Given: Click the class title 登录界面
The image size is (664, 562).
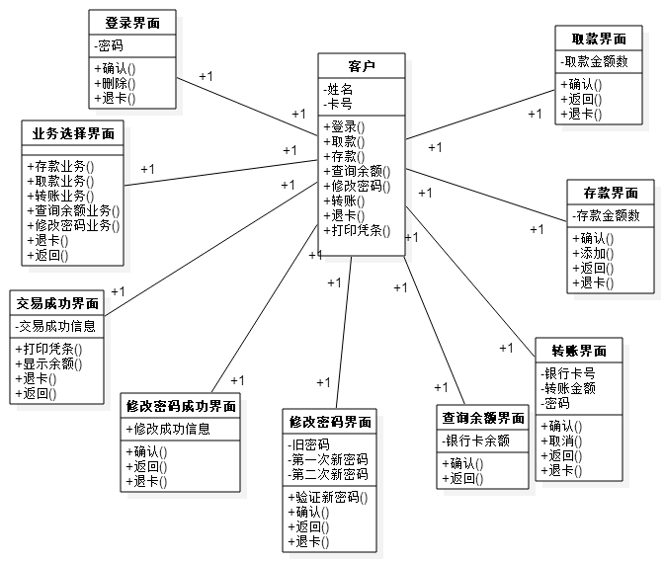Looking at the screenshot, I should pos(132,23).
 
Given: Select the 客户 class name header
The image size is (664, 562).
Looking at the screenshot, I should pos(362,66).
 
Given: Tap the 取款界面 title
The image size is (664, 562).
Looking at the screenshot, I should pos(600,40).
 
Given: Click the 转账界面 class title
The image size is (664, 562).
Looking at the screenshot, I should pos(579,351).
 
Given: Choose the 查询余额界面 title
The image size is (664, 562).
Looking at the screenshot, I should pos(483,418).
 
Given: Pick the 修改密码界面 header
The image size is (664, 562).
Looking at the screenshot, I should pos(330,422).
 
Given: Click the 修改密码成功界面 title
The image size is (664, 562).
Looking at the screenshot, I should pos(182,406).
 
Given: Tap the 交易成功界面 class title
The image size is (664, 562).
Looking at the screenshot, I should pos(57,303).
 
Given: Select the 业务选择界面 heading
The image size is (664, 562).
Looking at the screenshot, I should pos(73,133).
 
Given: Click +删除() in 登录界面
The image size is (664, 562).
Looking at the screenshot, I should pos(116,84).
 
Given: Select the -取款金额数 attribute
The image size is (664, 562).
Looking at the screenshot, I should pos(596,61).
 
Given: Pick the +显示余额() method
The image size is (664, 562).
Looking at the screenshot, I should pos(48,363).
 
